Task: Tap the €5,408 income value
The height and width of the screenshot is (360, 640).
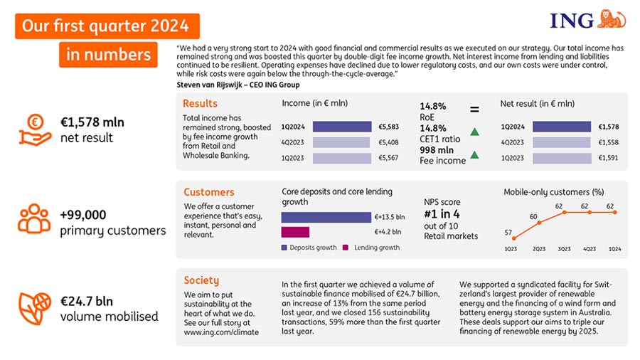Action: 388,142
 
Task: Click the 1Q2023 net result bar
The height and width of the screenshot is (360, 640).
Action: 562,158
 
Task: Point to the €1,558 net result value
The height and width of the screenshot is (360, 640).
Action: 608,142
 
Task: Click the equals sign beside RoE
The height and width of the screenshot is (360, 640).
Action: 474,110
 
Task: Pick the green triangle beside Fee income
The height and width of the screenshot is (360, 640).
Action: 474,155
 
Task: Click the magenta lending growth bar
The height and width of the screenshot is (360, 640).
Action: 295,232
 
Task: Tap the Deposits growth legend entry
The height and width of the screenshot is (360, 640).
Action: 310,248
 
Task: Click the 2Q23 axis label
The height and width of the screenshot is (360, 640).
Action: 539,249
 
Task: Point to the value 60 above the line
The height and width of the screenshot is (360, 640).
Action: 533,216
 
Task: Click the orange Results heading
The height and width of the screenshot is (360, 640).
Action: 200,104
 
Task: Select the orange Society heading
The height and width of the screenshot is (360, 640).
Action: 201,280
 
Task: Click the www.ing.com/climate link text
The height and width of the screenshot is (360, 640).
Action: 221,332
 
